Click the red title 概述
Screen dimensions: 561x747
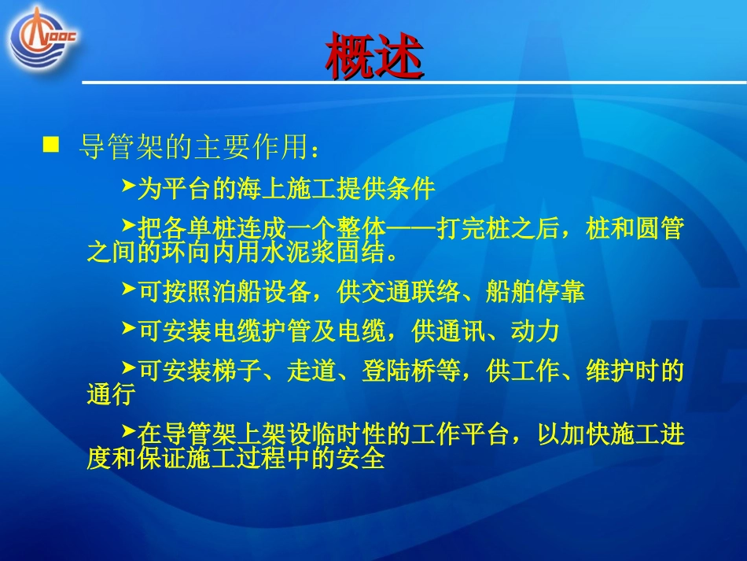tap(374, 56)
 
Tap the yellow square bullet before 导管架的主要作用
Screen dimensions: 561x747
tap(51, 144)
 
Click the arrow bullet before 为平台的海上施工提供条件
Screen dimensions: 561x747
tap(129, 186)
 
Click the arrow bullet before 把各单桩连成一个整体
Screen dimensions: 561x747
tap(129, 227)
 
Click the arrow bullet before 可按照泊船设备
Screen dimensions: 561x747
tap(129, 290)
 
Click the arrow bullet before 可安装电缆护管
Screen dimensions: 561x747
tap(129, 329)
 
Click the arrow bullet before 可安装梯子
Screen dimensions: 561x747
tap(129, 367)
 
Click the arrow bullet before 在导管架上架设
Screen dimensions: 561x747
tap(129, 431)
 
